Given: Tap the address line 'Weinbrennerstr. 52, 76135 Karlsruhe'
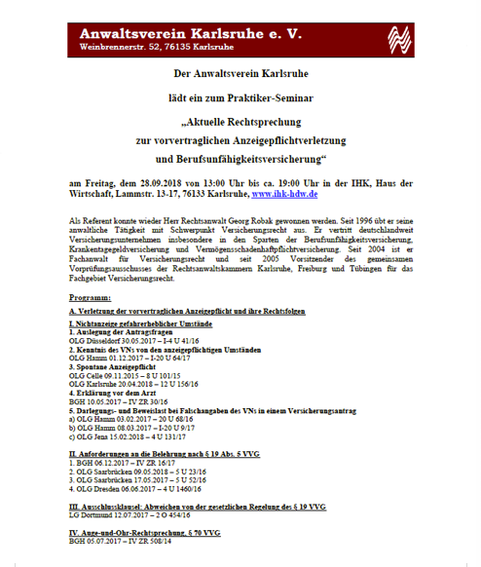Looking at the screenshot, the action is [156, 47].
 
